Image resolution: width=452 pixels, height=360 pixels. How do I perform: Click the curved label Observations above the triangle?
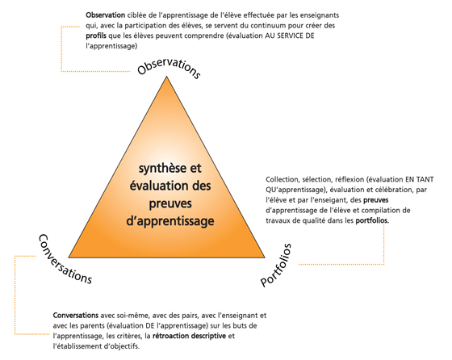click(169, 67)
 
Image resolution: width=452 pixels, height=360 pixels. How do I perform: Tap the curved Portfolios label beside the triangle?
click(276, 266)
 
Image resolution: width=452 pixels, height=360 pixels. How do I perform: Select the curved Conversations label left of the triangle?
click(65, 259)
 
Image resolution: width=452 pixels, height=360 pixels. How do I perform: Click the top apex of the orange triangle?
click(166, 77)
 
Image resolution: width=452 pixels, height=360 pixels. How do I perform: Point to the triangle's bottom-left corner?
click(69, 257)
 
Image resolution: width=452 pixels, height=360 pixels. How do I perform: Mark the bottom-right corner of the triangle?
click(265, 257)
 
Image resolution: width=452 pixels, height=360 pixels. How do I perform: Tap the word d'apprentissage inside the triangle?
click(170, 221)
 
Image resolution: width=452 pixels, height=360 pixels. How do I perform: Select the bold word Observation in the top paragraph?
click(105, 15)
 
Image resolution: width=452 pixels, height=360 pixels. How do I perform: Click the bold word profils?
click(96, 36)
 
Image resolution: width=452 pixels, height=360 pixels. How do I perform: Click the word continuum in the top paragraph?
click(265, 26)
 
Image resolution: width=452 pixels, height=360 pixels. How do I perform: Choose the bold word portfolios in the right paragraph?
click(372, 221)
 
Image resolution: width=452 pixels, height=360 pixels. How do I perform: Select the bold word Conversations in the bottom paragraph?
click(76, 316)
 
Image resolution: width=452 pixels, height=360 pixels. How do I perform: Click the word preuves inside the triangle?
click(170, 203)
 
